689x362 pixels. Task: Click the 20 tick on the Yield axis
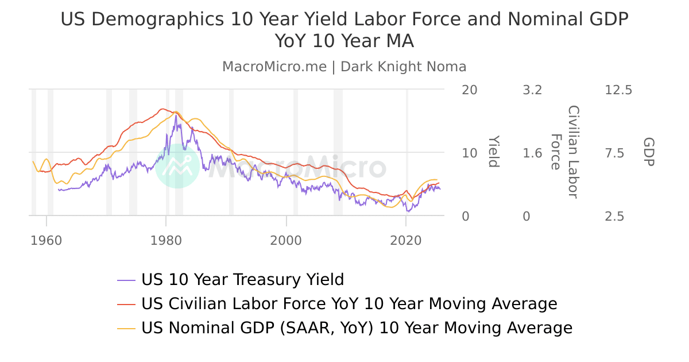(x=469, y=90)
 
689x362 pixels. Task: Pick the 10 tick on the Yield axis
(x=469, y=153)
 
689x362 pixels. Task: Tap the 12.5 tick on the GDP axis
(x=618, y=90)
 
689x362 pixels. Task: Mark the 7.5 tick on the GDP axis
(x=618, y=153)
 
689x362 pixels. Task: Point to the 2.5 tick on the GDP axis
(x=618, y=217)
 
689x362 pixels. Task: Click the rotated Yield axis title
(x=493, y=152)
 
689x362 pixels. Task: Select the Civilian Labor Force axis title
(x=564, y=152)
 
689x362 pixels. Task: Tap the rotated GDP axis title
(x=648, y=152)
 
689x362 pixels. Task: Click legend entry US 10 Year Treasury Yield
(x=242, y=280)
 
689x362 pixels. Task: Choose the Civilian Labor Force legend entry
(x=349, y=304)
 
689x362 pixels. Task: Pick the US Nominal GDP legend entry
(x=357, y=328)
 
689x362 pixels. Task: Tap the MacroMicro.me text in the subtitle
(x=274, y=67)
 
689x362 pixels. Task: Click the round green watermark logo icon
(x=177, y=166)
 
